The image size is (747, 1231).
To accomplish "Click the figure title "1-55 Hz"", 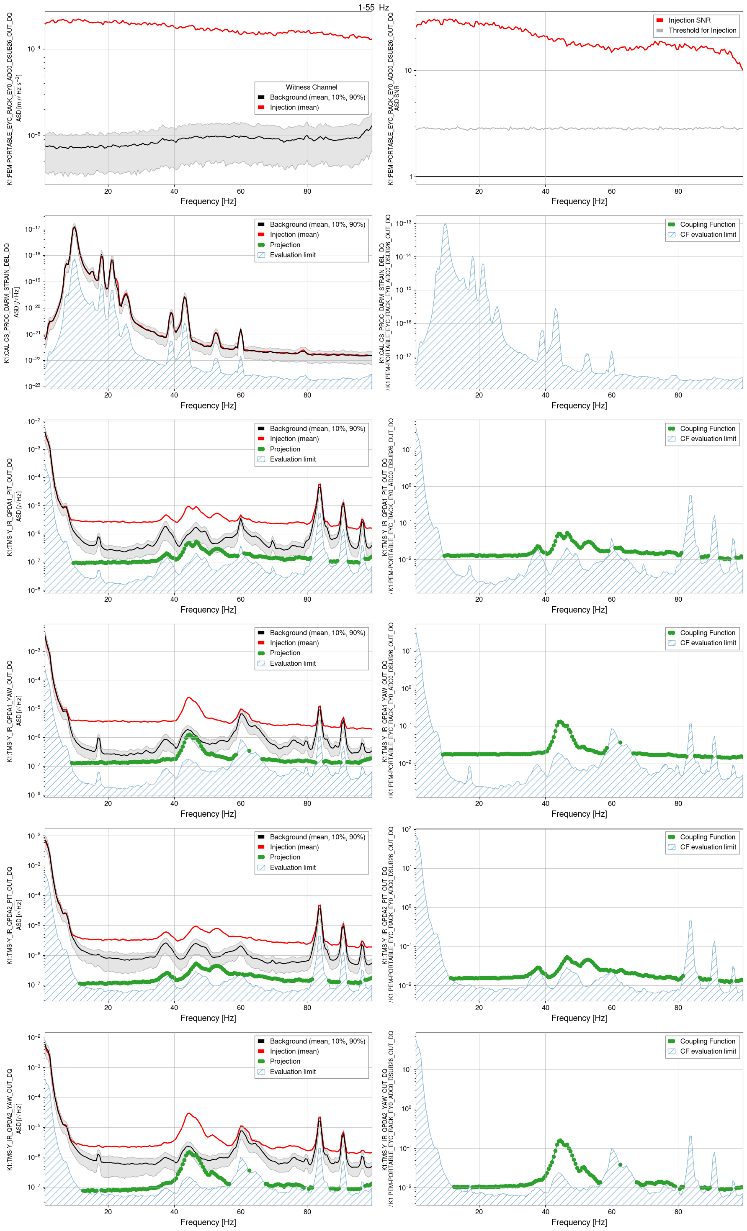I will [x=373, y=7].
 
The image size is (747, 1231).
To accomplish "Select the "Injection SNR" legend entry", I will [x=688, y=21].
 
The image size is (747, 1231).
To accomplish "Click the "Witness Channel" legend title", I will [x=311, y=87].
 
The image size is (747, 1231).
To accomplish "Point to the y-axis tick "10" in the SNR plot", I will [x=408, y=70].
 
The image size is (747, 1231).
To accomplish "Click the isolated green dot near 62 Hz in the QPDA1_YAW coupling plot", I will [x=620, y=742].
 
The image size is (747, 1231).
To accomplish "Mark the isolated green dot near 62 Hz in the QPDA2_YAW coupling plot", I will [x=620, y=1164].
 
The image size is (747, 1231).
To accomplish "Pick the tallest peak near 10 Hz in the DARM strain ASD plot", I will [x=75, y=227].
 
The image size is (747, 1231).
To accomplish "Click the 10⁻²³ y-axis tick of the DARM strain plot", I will [x=33, y=386].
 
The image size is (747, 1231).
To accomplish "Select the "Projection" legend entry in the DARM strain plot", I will [x=284, y=245].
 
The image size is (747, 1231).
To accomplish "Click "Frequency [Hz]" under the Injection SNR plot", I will [x=579, y=201].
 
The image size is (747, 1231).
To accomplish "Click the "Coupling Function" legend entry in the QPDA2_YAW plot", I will [x=707, y=1041].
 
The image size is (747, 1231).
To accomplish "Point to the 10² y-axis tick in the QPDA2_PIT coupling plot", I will [x=406, y=830].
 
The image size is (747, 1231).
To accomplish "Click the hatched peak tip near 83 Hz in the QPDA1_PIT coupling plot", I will [x=690, y=496].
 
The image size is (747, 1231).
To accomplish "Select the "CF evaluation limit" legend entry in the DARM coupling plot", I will [x=708, y=235].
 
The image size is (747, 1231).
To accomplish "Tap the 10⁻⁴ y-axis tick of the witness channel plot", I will [x=33, y=49].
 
